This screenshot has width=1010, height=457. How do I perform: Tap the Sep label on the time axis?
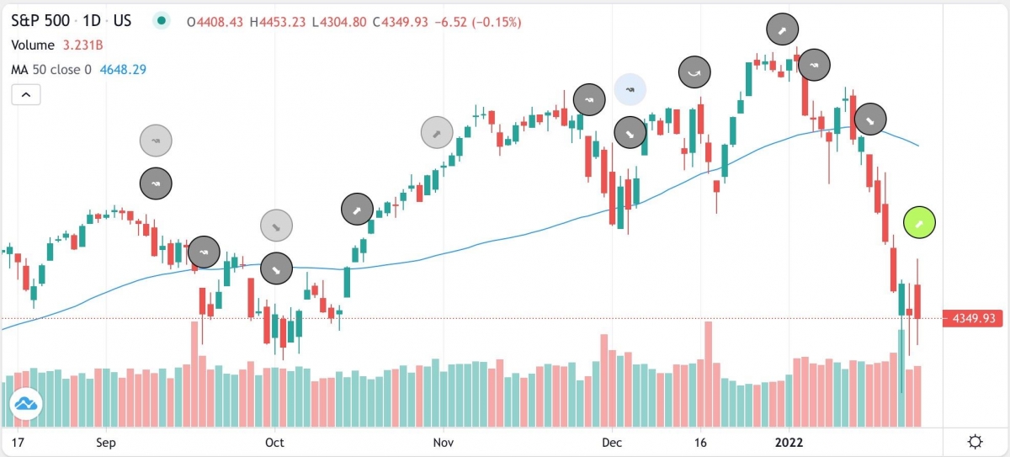105,441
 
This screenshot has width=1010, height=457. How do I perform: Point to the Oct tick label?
274,441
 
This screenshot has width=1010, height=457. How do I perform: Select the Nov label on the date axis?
443,441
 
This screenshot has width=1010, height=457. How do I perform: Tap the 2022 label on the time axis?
789,441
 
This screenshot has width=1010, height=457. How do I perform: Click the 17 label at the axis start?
16,441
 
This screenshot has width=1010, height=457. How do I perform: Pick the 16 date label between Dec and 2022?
699,441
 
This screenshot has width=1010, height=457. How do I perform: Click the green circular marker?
920,222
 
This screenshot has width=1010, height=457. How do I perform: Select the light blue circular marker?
630,88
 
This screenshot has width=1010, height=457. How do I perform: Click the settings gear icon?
975,442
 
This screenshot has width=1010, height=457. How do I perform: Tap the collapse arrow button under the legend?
26,94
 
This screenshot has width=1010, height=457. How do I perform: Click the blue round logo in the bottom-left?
26,407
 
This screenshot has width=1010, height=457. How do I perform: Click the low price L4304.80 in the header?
338,21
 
